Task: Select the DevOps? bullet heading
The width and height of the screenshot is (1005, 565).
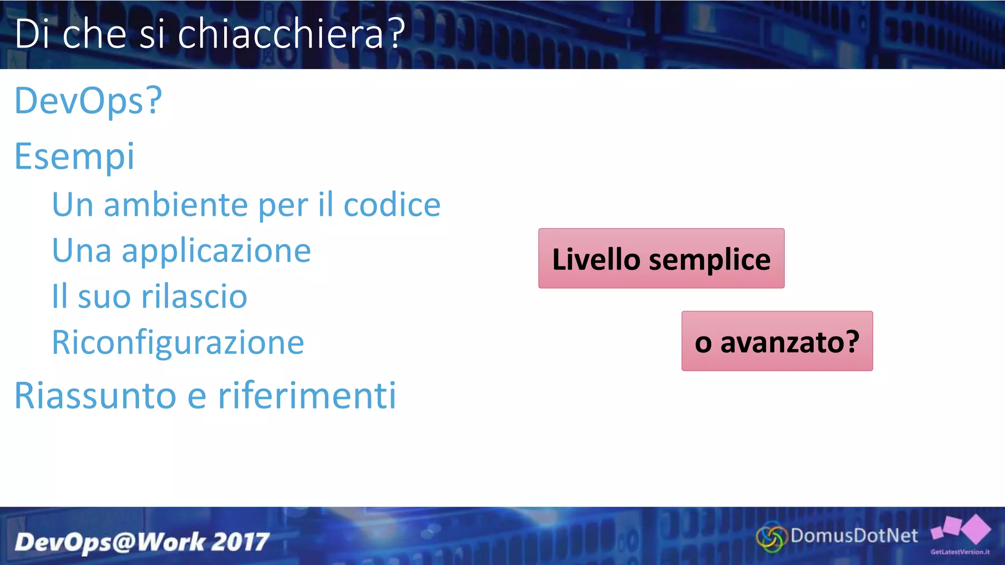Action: point(88,101)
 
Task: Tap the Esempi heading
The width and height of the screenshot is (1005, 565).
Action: point(75,156)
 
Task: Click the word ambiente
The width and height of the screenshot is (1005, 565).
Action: point(176,205)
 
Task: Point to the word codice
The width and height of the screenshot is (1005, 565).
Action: point(392,205)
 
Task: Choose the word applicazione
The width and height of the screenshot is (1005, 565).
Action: point(216,251)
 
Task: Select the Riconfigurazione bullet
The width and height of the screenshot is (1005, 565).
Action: point(178,342)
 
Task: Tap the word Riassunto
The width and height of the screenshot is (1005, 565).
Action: point(95,395)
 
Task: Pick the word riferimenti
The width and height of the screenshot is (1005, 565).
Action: point(307,395)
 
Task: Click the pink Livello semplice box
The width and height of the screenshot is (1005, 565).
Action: point(661,258)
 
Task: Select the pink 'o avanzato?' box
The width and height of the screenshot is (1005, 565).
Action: point(777,341)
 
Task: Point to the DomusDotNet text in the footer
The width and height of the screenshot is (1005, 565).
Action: point(854,536)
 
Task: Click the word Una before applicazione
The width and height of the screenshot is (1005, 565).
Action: point(81,251)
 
